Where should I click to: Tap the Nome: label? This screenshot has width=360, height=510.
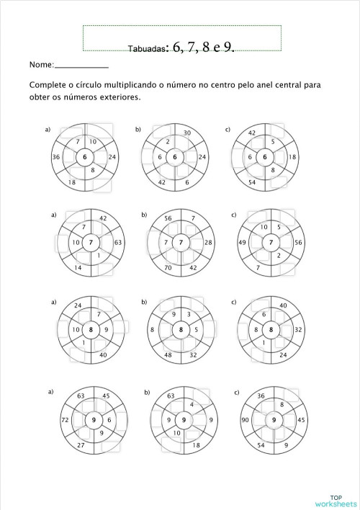[42, 66]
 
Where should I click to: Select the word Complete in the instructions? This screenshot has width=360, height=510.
[48, 85]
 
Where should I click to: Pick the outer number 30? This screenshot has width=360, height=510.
[186, 133]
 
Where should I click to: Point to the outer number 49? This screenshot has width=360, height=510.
[243, 243]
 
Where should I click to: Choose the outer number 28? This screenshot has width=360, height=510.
[207, 243]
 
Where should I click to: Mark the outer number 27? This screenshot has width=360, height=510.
[81, 446]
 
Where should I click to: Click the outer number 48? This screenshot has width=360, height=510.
[168, 355]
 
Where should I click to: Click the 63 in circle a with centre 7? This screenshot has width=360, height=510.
[118, 243]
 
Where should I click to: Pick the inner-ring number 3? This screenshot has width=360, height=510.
[189, 314]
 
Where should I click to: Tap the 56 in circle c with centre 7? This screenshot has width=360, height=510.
[298, 243]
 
